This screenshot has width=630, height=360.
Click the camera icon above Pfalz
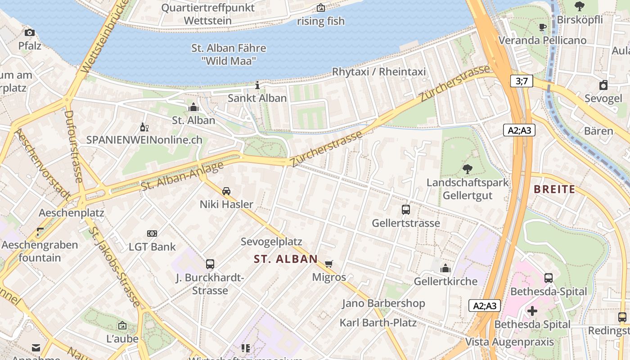[30, 32]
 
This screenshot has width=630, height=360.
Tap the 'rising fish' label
[320, 21]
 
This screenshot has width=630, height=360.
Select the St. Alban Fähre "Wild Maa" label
[229, 54]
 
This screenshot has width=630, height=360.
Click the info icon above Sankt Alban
[257, 85]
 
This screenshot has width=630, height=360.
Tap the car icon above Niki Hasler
[226, 191]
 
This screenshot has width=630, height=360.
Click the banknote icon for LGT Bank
[152, 234]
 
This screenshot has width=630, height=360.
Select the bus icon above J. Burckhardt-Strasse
[210, 264]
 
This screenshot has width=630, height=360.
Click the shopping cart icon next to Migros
[329, 264]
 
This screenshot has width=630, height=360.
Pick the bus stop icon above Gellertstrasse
[405, 210]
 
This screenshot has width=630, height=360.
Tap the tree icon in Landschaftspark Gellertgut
[468, 169]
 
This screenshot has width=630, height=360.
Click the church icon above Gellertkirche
[445, 268]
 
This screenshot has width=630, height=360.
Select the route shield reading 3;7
[521, 81]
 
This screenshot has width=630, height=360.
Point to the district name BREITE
[554, 189]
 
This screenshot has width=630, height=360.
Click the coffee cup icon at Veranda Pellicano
[543, 27]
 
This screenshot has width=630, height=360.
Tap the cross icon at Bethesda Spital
[532, 311]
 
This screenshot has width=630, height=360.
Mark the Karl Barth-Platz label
[378, 323]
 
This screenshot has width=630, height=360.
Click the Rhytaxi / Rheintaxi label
[378, 72]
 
